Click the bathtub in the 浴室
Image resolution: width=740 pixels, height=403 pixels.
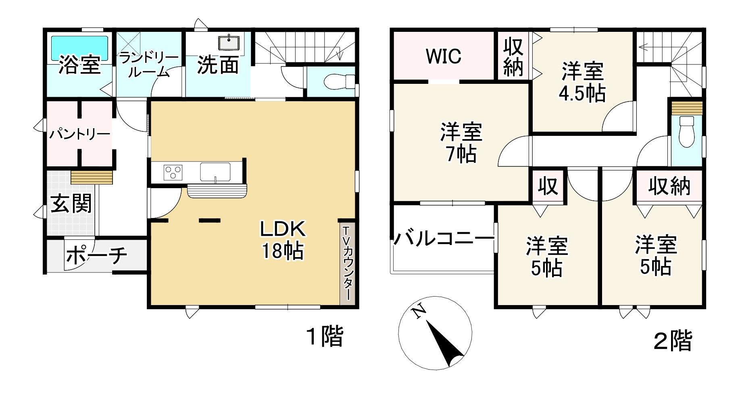pos(79,48)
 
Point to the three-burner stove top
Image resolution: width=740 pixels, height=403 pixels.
pos(173,173)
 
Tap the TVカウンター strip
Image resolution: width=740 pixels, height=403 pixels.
pos(347,262)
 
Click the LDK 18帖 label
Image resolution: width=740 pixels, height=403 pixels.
pos(283,240)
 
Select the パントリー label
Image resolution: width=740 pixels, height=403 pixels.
pos(79,134)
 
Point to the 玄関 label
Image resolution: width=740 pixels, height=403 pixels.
pos(71,203)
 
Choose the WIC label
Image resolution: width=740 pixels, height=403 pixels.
pos(444,56)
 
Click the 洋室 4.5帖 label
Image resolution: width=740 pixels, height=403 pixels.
pos(582,82)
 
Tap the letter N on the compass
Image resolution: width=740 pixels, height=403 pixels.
pos(419,311)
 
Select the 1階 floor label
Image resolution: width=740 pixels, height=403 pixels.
pos(325,336)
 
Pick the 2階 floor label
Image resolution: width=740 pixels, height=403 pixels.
pos(672,341)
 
